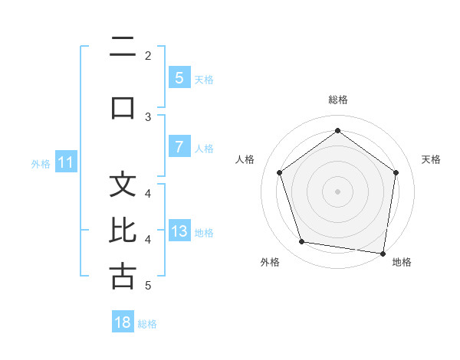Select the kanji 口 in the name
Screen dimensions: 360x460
click(123, 106)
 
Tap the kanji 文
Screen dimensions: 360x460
click(123, 185)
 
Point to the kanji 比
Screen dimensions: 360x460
click(123, 230)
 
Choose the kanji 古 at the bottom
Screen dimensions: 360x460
click(123, 276)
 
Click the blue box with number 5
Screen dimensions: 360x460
click(179, 77)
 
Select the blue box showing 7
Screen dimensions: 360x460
click(179, 147)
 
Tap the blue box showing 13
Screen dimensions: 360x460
click(179, 231)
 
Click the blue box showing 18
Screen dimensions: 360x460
click(123, 322)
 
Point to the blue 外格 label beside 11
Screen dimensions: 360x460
click(41, 163)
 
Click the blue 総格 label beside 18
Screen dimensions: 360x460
click(147, 324)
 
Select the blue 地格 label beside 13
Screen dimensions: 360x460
click(205, 233)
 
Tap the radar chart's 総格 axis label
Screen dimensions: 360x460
click(337, 100)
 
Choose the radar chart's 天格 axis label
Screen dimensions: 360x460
click(432, 159)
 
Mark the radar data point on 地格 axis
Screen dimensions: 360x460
click(383, 253)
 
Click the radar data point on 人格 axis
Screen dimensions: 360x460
click(279, 172)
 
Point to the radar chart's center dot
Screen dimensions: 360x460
click(337, 191)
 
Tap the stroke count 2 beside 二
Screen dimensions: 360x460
click(148, 55)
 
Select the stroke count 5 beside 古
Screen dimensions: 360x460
click(148, 286)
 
